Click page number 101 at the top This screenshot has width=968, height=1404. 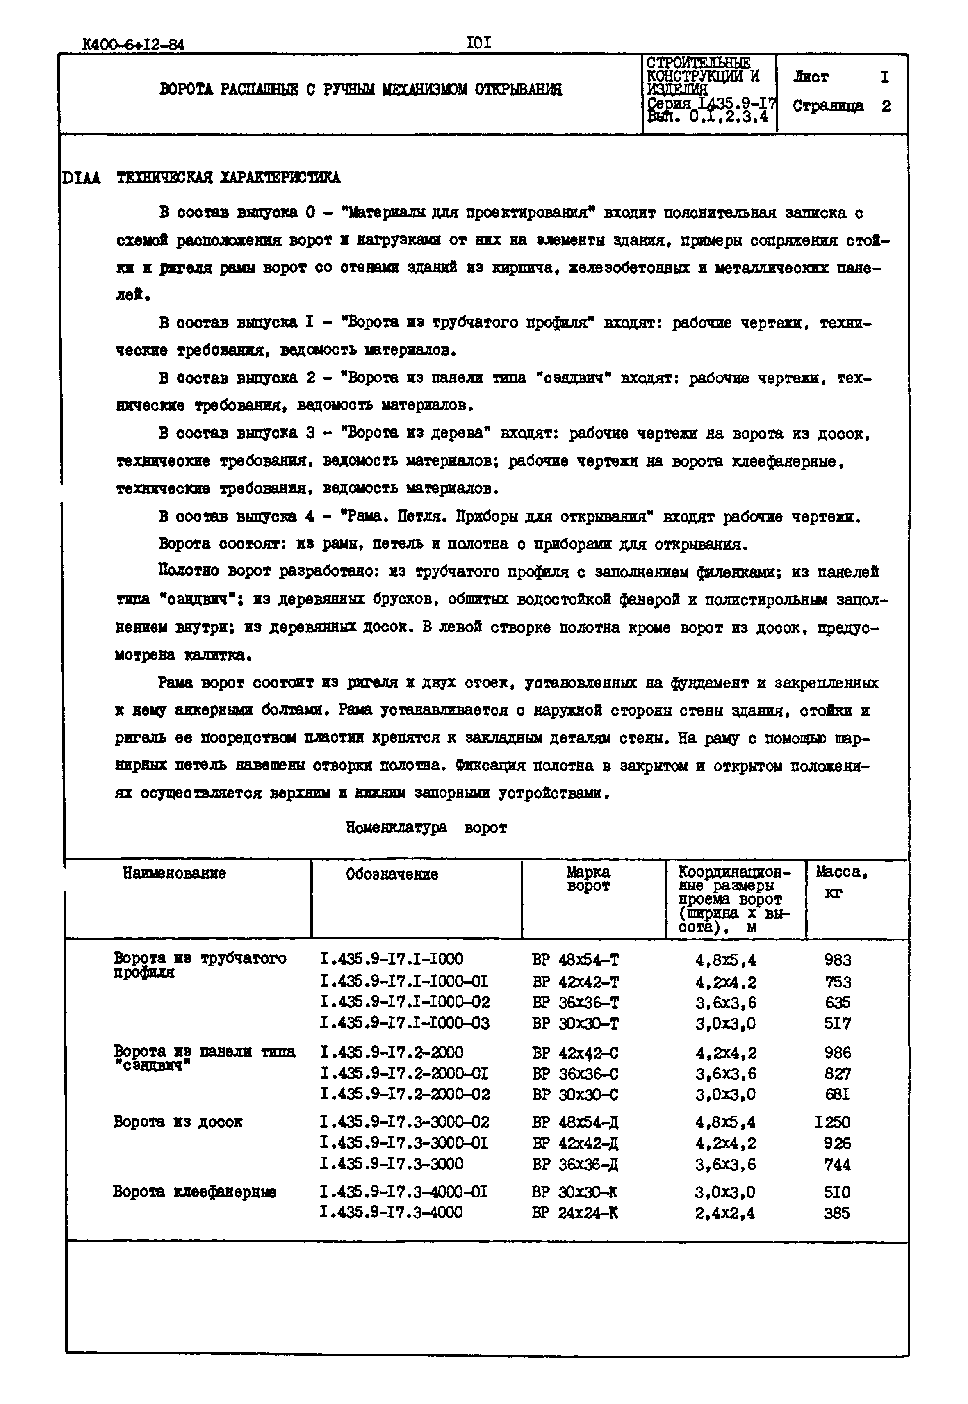tap(479, 43)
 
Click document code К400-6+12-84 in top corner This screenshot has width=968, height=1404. tap(133, 45)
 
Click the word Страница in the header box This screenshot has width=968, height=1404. tap(828, 106)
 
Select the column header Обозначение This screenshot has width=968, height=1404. tap(392, 874)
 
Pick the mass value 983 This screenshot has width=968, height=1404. tap(838, 960)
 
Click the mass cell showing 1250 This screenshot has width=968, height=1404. tap(833, 1121)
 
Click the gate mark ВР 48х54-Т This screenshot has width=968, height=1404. tap(575, 960)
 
